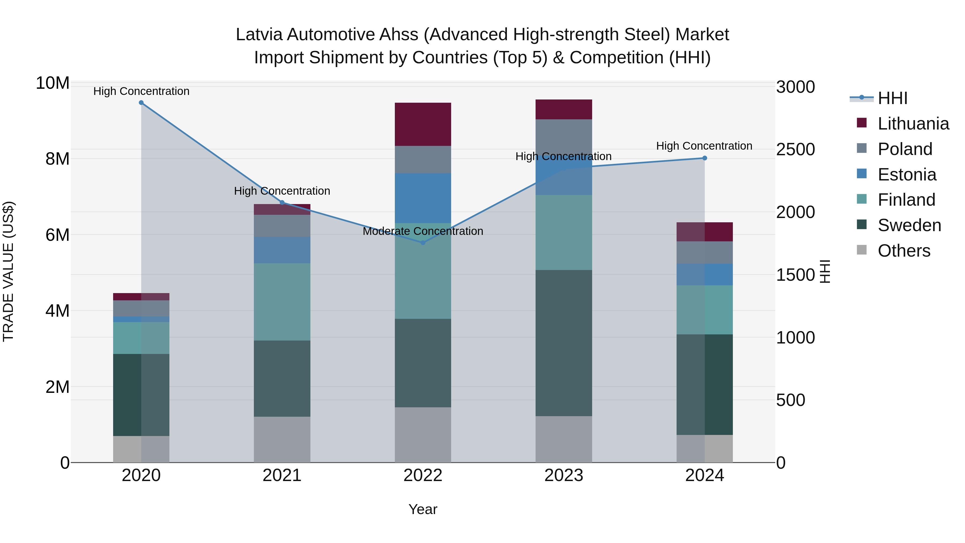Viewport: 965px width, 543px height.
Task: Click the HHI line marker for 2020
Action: pyautogui.click(x=141, y=103)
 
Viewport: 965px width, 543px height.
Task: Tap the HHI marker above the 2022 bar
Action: pyautogui.click(x=423, y=243)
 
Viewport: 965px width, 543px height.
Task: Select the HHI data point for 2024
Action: pyautogui.click(x=705, y=158)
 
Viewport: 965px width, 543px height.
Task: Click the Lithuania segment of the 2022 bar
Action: pyautogui.click(x=423, y=124)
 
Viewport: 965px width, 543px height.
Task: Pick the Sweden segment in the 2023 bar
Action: pyautogui.click(x=564, y=343)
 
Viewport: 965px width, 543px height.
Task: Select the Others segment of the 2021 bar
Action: pyautogui.click(x=282, y=439)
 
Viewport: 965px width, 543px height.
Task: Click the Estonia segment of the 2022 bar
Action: pyautogui.click(x=423, y=198)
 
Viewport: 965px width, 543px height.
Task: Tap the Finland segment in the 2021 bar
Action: pyautogui.click(x=282, y=302)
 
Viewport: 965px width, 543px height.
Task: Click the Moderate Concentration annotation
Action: pyautogui.click(x=423, y=231)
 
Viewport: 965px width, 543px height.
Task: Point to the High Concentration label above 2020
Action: pyautogui.click(x=141, y=91)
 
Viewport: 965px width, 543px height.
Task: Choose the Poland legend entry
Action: pyautogui.click(x=905, y=149)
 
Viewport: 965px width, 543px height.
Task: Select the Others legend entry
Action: pyautogui.click(x=904, y=251)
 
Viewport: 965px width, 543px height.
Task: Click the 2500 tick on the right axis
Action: pyautogui.click(x=795, y=150)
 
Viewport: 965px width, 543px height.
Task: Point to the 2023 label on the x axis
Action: pyautogui.click(x=564, y=475)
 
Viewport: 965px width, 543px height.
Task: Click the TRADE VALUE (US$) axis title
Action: pyautogui.click(x=8, y=271)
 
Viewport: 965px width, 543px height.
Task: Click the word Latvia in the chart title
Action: pyautogui.click(x=258, y=35)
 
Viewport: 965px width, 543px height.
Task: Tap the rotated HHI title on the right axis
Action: pyautogui.click(x=825, y=271)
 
